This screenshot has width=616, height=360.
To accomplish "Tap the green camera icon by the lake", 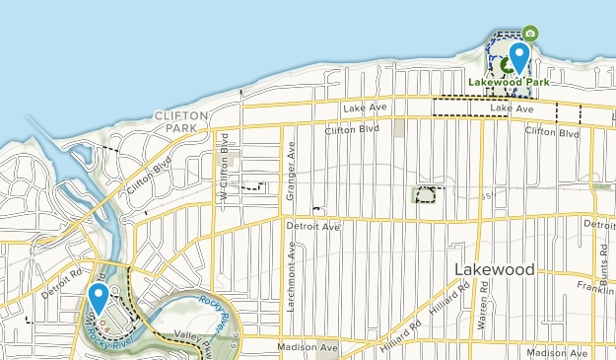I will [x=530, y=34].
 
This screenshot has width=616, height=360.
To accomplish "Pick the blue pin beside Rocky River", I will [x=99, y=297].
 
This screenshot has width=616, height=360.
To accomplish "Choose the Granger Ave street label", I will [x=291, y=177].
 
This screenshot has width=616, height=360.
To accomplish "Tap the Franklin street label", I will [x=597, y=289].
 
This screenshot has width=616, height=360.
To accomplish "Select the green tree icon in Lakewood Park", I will [x=507, y=66].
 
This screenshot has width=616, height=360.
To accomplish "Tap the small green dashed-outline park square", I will [x=426, y=194].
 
